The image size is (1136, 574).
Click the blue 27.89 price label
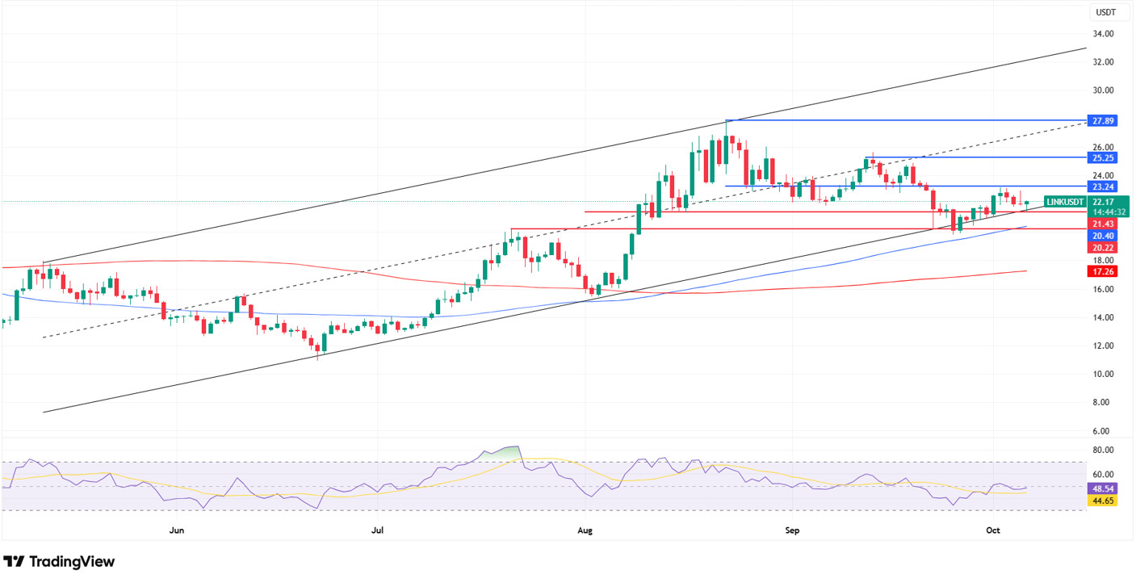tap(1102, 120)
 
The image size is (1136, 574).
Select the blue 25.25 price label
tap(1102, 157)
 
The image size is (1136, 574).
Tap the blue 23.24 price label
tap(1102, 186)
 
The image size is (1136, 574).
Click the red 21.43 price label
tap(1102, 223)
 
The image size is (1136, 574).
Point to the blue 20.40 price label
tap(1102, 236)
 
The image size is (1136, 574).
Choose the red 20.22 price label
tap(1102, 247)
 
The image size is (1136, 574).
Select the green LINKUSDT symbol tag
tap(1064, 202)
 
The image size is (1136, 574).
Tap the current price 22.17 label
tap(1103, 202)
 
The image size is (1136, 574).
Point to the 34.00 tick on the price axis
tap(1103, 34)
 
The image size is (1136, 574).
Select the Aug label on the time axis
tap(586, 530)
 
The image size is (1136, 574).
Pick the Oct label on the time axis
tap(993, 530)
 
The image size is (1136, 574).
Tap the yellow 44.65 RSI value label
tap(1103, 501)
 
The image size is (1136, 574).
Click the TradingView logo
tap(59, 561)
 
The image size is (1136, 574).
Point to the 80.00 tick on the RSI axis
tap(1103, 450)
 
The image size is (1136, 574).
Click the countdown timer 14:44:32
tap(1103, 212)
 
